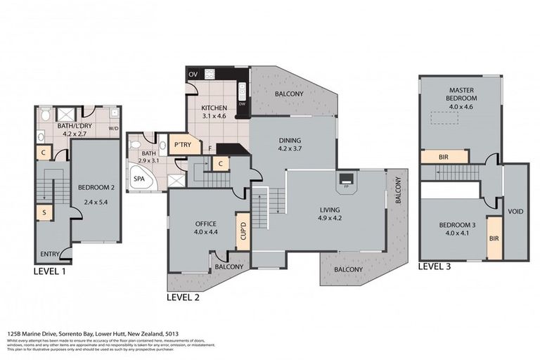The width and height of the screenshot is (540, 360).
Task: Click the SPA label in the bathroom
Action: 141,179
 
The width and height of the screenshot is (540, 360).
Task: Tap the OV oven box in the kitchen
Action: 193,74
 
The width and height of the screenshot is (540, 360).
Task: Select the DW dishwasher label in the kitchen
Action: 242,103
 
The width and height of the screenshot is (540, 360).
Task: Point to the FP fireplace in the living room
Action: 346,187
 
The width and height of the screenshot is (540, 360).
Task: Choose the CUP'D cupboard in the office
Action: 243,230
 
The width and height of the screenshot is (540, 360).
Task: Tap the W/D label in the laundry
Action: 113,129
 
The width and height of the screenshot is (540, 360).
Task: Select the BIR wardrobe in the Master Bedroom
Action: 444,156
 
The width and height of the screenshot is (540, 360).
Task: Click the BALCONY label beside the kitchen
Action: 289,94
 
